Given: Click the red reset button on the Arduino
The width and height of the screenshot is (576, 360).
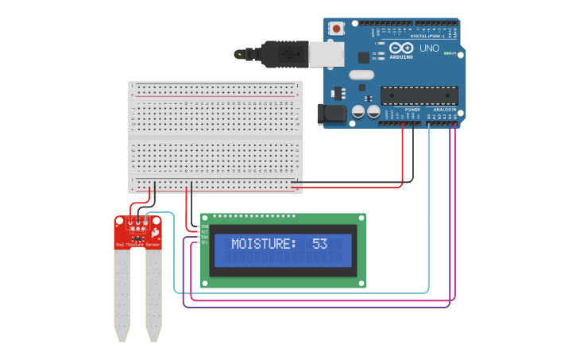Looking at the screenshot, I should pyautogui.click(x=336, y=29).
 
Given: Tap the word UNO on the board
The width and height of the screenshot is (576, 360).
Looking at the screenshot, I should pyautogui.click(x=429, y=48).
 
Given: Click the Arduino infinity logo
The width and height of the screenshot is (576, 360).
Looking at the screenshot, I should pyautogui.click(x=401, y=48).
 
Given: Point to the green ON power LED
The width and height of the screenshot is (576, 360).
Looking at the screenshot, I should pyautogui.click(x=447, y=54).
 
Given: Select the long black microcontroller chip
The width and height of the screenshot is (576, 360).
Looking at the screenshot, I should pyautogui.click(x=419, y=96).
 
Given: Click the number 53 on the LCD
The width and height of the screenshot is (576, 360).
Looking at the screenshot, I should pyautogui.click(x=319, y=244).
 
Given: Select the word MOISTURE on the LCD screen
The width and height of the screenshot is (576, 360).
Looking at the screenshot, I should pyautogui.click(x=263, y=244).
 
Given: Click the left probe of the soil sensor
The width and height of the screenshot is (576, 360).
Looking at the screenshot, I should pyautogui.click(x=122, y=294).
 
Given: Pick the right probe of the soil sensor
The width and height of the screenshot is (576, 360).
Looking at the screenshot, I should pyautogui.click(x=153, y=294).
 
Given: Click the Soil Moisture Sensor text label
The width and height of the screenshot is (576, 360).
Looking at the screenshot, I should pyautogui.click(x=137, y=245).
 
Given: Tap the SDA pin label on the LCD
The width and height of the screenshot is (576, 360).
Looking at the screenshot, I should pyautogui.click(x=204, y=237).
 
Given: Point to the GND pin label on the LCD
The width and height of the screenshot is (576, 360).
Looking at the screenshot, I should pyautogui.click(x=204, y=226).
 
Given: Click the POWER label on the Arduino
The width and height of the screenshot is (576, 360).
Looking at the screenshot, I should pyautogui.click(x=412, y=109).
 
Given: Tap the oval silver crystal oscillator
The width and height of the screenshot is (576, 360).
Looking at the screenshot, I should pyautogui.click(x=360, y=75).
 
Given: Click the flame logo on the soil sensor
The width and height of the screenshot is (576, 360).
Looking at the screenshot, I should pyautogui.click(x=156, y=234).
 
